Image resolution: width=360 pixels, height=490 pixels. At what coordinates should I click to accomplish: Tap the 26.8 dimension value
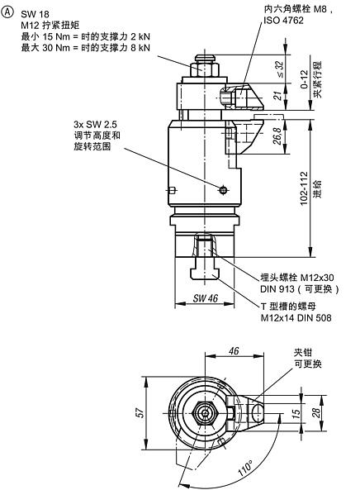pos(278,136)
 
